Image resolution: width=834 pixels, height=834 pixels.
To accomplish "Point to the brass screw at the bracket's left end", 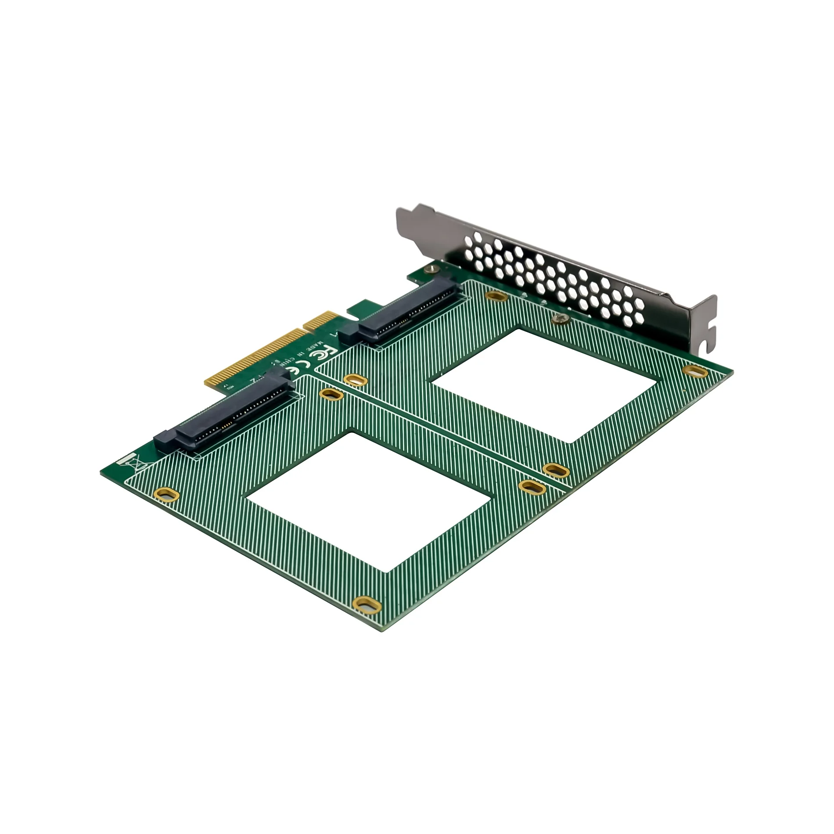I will pyautogui.click(x=434, y=265).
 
